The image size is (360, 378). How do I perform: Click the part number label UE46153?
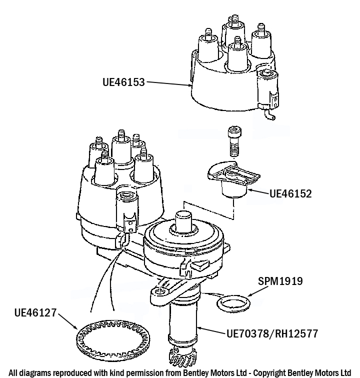(123, 81)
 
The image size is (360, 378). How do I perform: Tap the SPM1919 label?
(280, 281)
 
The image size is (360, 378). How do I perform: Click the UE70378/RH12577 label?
(272, 333)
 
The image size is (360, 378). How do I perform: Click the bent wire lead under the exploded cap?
(270, 115)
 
